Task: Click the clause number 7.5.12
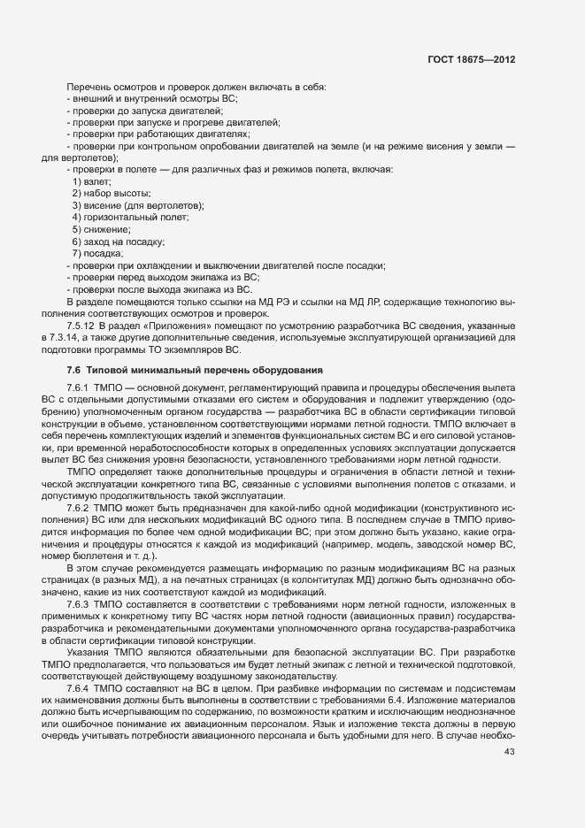[82, 326]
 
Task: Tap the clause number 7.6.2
[80, 509]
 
